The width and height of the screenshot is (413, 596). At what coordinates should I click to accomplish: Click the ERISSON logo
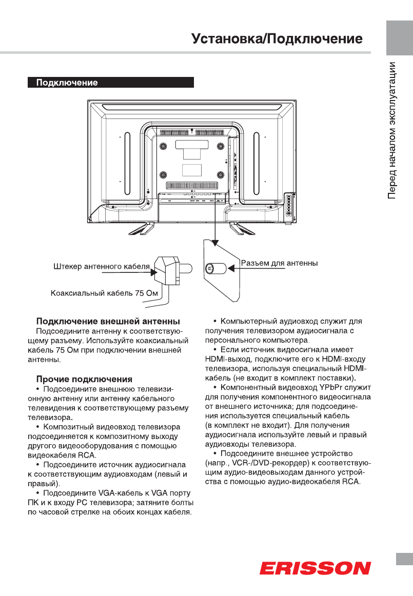315,568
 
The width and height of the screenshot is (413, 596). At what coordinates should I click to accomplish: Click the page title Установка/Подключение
277,39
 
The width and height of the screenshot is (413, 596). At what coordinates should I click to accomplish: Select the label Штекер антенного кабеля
101,267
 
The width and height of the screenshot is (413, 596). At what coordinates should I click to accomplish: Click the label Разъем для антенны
280,263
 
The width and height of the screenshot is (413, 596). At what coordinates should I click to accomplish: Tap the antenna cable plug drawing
171,269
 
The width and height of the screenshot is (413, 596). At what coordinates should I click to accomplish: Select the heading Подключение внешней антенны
108,322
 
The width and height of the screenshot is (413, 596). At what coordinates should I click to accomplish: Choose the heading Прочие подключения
84,380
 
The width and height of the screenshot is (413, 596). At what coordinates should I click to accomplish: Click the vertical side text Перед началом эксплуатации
392,130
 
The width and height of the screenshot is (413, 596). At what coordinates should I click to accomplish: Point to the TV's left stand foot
145,227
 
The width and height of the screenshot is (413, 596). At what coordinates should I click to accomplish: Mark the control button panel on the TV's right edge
289,203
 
